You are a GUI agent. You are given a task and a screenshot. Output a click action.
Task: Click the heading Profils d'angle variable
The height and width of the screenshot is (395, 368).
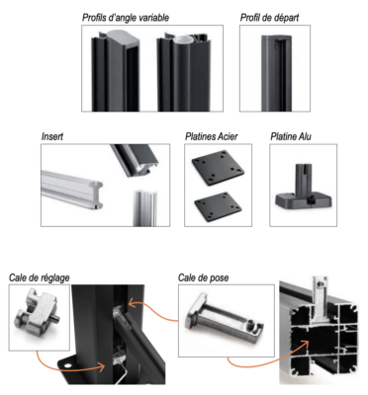pyautogui.click(x=126, y=18)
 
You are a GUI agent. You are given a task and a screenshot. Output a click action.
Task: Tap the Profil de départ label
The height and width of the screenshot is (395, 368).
pyautogui.click(x=269, y=18)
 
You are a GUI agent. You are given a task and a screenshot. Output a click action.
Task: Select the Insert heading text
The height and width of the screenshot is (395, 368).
pyautogui.click(x=52, y=136)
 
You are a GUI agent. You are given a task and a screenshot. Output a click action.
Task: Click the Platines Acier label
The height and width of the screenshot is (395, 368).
pyautogui.click(x=212, y=136)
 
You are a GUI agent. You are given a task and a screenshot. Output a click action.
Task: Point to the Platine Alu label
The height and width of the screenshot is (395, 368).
pyautogui.click(x=291, y=136)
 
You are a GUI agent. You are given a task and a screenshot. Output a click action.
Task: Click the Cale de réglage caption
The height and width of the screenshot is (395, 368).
pyautogui.click(x=40, y=277)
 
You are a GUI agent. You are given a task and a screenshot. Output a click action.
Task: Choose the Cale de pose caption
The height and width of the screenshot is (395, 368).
pyautogui.click(x=203, y=277)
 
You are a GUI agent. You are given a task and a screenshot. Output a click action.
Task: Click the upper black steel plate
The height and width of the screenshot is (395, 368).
pyautogui.click(x=218, y=168)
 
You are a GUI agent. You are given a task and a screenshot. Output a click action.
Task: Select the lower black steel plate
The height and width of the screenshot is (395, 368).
pyautogui.click(x=218, y=207)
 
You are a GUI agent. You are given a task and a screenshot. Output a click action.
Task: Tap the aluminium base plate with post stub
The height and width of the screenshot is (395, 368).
pyautogui.click(x=304, y=190)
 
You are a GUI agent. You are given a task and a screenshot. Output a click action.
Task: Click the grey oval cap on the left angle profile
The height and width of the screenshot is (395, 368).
pyautogui.click(x=123, y=36)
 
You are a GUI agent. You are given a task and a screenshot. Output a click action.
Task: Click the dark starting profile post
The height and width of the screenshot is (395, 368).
pyautogui.click(x=276, y=73)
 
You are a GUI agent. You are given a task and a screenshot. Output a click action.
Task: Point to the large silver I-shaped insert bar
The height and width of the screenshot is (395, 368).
pyautogui.click(x=72, y=190)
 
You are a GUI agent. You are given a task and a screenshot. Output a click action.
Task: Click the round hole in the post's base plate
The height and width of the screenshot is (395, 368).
pyautogui.click(x=67, y=365)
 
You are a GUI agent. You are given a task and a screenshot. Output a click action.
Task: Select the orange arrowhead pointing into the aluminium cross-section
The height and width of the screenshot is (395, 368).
pyautogui.click(x=305, y=344)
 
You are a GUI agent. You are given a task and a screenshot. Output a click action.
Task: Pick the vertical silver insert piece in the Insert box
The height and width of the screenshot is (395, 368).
pyautogui.click(x=144, y=208)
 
